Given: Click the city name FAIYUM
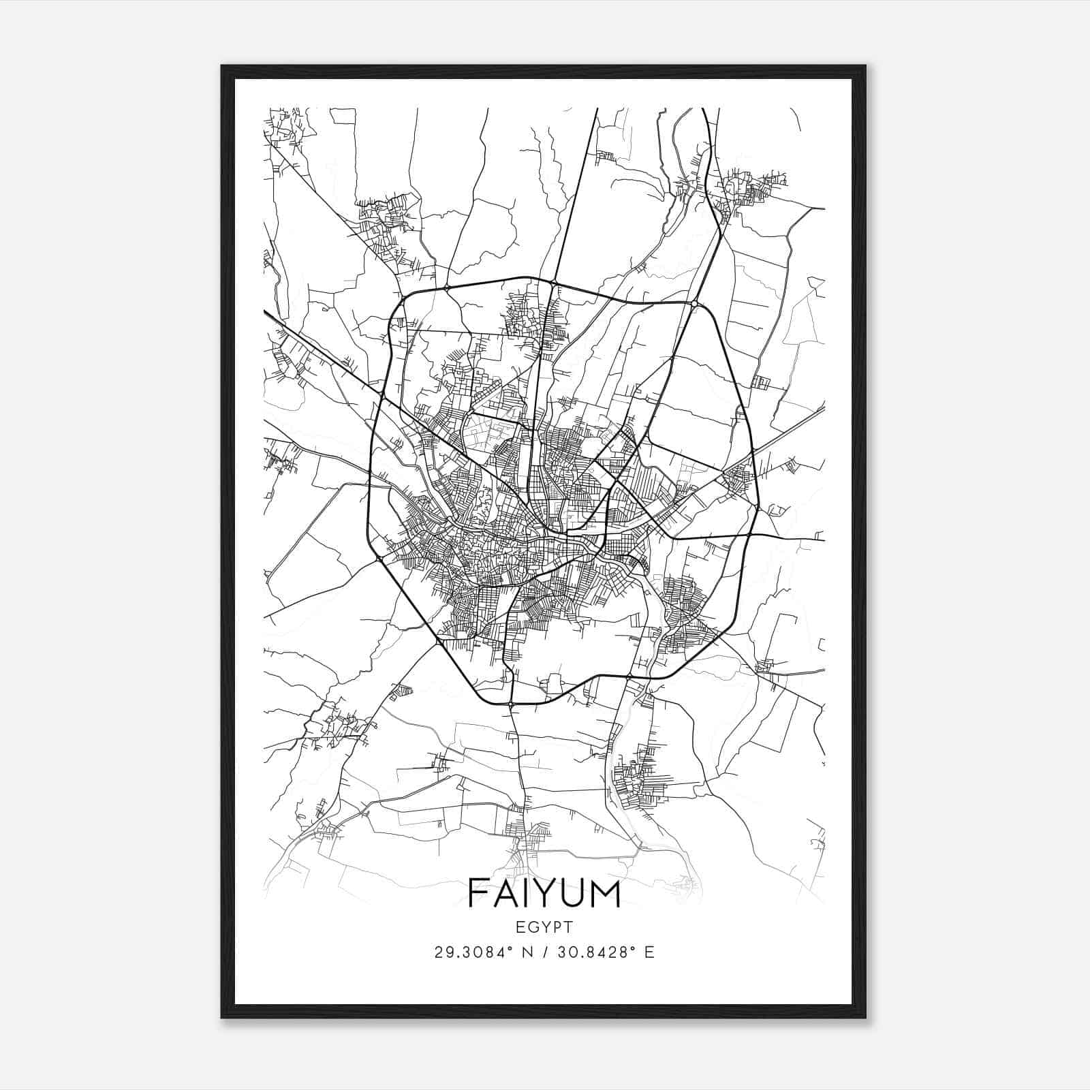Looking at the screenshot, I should tap(544, 893).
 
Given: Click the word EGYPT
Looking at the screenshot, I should tap(544, 926).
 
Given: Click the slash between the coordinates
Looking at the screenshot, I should tap(544, 952).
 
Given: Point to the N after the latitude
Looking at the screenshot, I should tap(527, 952).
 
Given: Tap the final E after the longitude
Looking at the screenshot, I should tap(649, 952).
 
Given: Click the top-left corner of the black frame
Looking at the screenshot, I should tap(223, 67).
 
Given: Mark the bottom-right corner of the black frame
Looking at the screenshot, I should tap(865, 1016).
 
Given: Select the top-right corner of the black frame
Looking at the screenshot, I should tap(865, 67).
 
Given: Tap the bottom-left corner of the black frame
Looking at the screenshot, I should tap(223, 1016).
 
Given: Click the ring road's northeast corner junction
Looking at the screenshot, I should tap(694, 302).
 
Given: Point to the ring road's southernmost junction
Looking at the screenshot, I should tap(511, 703).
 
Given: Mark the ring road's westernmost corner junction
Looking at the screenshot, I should tap(378, 559).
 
